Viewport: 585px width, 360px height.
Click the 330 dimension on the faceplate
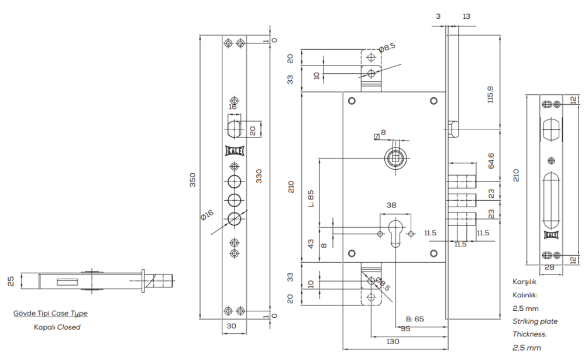coord(258,176)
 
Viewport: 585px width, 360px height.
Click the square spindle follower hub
coord(395,157)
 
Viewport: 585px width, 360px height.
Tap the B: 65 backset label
coord(415,319)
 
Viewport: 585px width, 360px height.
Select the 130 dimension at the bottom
coord(393,341)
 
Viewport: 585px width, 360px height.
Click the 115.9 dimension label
coord(490,95)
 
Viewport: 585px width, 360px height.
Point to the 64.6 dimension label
coord(490,160)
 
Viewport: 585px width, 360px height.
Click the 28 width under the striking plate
coord(549,268)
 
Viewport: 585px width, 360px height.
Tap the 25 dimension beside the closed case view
coord(10,282)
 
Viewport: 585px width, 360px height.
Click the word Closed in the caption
coord(68,327)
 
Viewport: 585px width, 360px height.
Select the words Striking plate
coord(535,321)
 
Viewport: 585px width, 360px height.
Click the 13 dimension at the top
coord(466,16)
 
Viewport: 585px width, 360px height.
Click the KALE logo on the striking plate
coord(550,235)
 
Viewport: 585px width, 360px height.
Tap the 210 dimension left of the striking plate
coord(515,175)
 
